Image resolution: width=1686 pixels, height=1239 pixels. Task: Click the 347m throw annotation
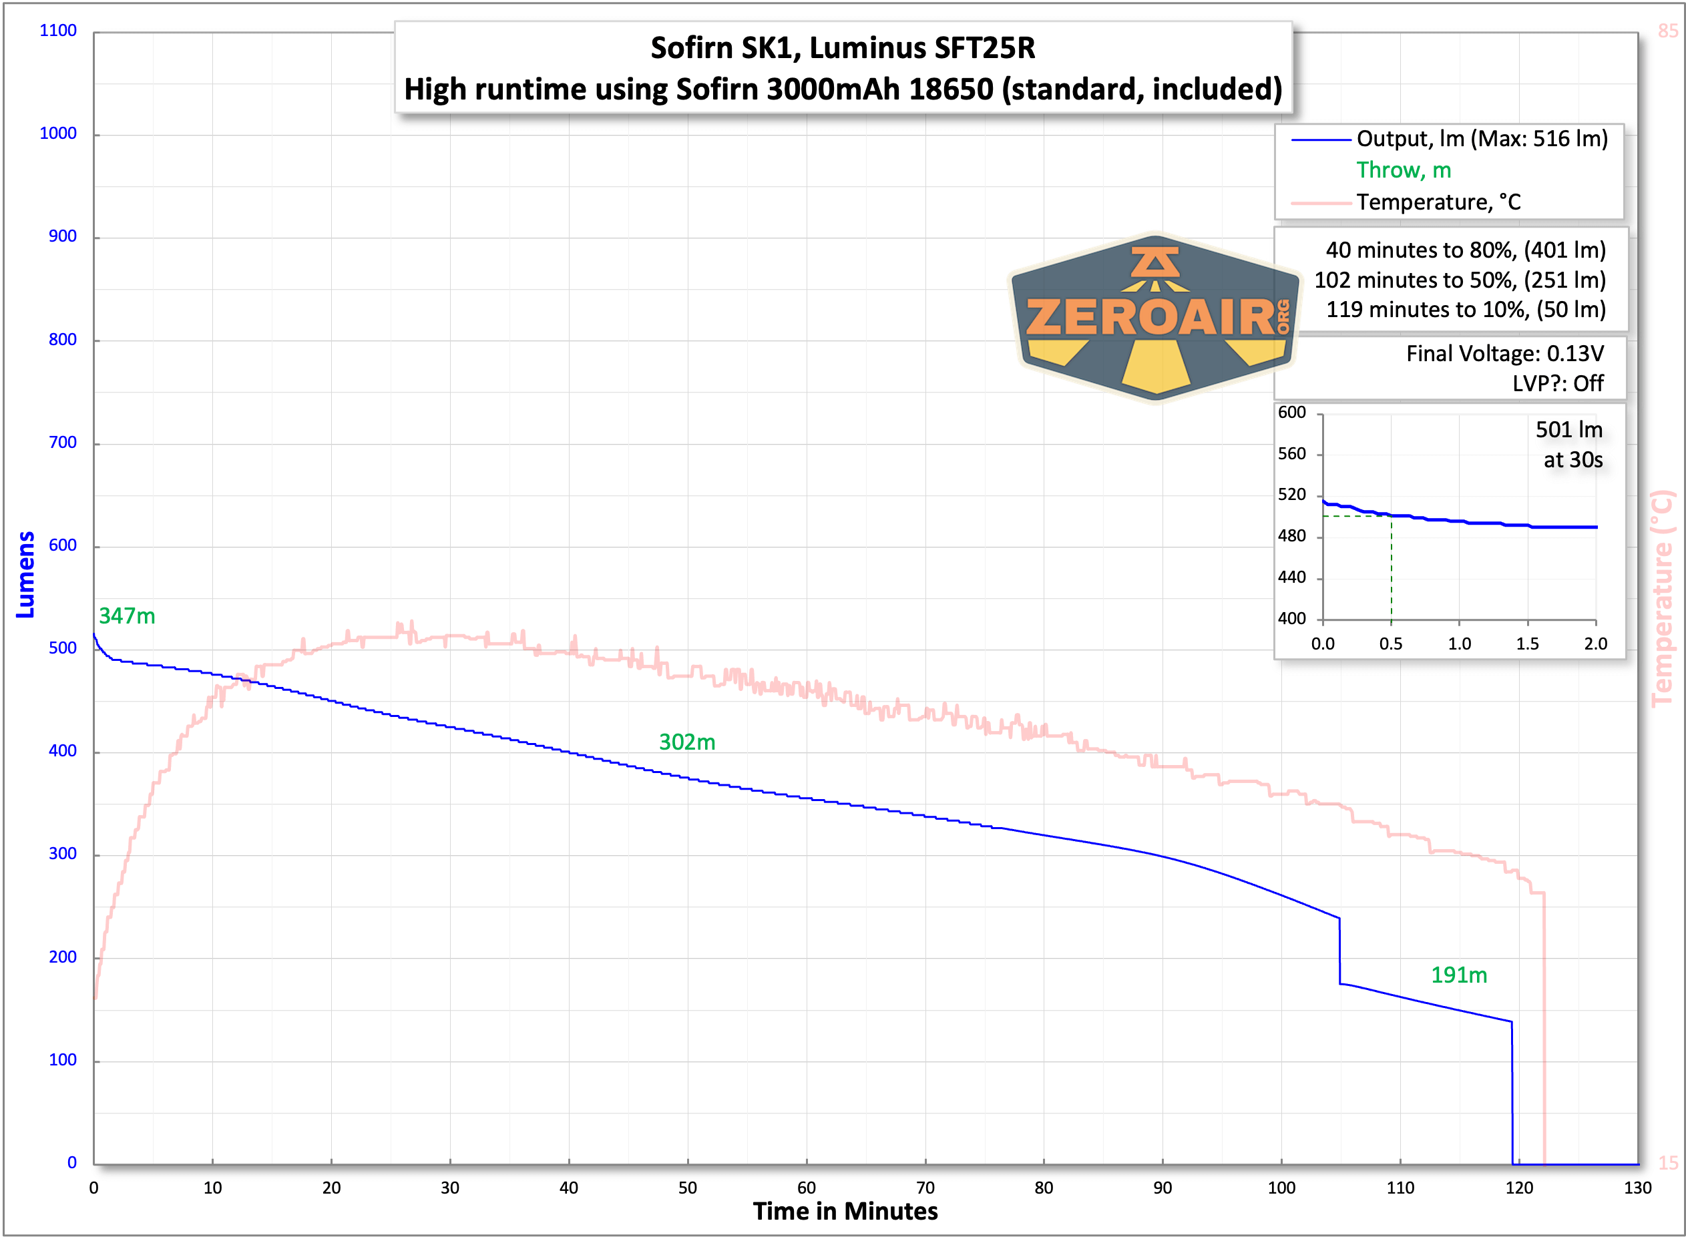[127, 615]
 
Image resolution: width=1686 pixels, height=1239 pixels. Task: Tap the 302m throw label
[687, 742]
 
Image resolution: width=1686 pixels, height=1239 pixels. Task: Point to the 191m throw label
[1459, 975]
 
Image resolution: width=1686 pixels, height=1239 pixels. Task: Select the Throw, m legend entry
[1404, 170]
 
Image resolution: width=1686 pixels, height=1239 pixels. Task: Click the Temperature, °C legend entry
[1438, 202]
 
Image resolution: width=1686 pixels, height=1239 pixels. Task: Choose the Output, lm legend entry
[1481, 139]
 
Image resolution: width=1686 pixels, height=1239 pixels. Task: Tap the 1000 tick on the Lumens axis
[57, 134]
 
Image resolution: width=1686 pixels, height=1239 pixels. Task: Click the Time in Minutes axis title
[845, 1211]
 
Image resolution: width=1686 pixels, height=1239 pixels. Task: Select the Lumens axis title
[25, 575]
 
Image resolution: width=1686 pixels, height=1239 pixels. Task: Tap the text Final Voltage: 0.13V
[1504, 353]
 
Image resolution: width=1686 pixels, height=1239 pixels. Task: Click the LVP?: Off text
[1557, 383]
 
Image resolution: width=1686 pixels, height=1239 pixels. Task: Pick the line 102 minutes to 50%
[1460, 280]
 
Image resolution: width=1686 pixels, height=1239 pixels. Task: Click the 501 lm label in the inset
[1569, 430]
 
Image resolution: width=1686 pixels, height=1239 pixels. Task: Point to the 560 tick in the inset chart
[1291, 454]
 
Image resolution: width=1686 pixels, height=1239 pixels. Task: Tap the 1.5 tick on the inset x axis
[1527, 644]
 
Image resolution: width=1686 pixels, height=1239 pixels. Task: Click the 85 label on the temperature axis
[1667, 31]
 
